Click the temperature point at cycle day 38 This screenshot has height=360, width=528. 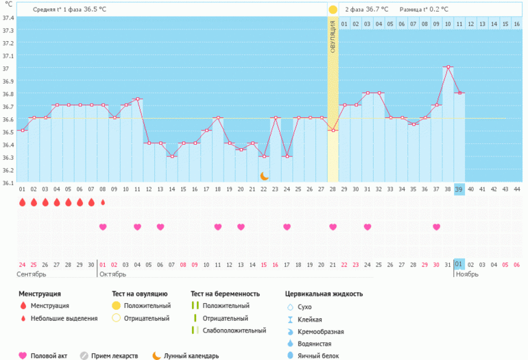448,67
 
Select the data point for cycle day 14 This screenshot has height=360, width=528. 172,156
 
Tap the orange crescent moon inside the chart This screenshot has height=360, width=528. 264,176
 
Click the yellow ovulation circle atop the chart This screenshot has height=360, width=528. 333,10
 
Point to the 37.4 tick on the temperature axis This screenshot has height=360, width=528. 8,18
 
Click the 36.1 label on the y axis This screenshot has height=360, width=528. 8,183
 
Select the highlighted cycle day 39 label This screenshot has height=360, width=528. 459,189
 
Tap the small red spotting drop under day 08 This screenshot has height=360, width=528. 103,202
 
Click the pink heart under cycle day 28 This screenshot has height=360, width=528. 333,227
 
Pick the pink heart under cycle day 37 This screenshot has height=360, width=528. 436,227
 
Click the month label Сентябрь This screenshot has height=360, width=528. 32,274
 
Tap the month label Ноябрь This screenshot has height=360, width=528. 467,274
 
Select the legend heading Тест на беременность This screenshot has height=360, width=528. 226,293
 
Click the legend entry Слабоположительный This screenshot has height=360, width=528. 235,331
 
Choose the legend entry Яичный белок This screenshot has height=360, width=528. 318,356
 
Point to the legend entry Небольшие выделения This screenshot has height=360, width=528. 64,318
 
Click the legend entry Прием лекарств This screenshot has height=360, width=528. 115,356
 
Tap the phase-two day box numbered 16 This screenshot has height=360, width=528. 516,24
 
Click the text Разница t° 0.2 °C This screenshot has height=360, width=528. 424,10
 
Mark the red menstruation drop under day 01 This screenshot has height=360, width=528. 22,202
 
